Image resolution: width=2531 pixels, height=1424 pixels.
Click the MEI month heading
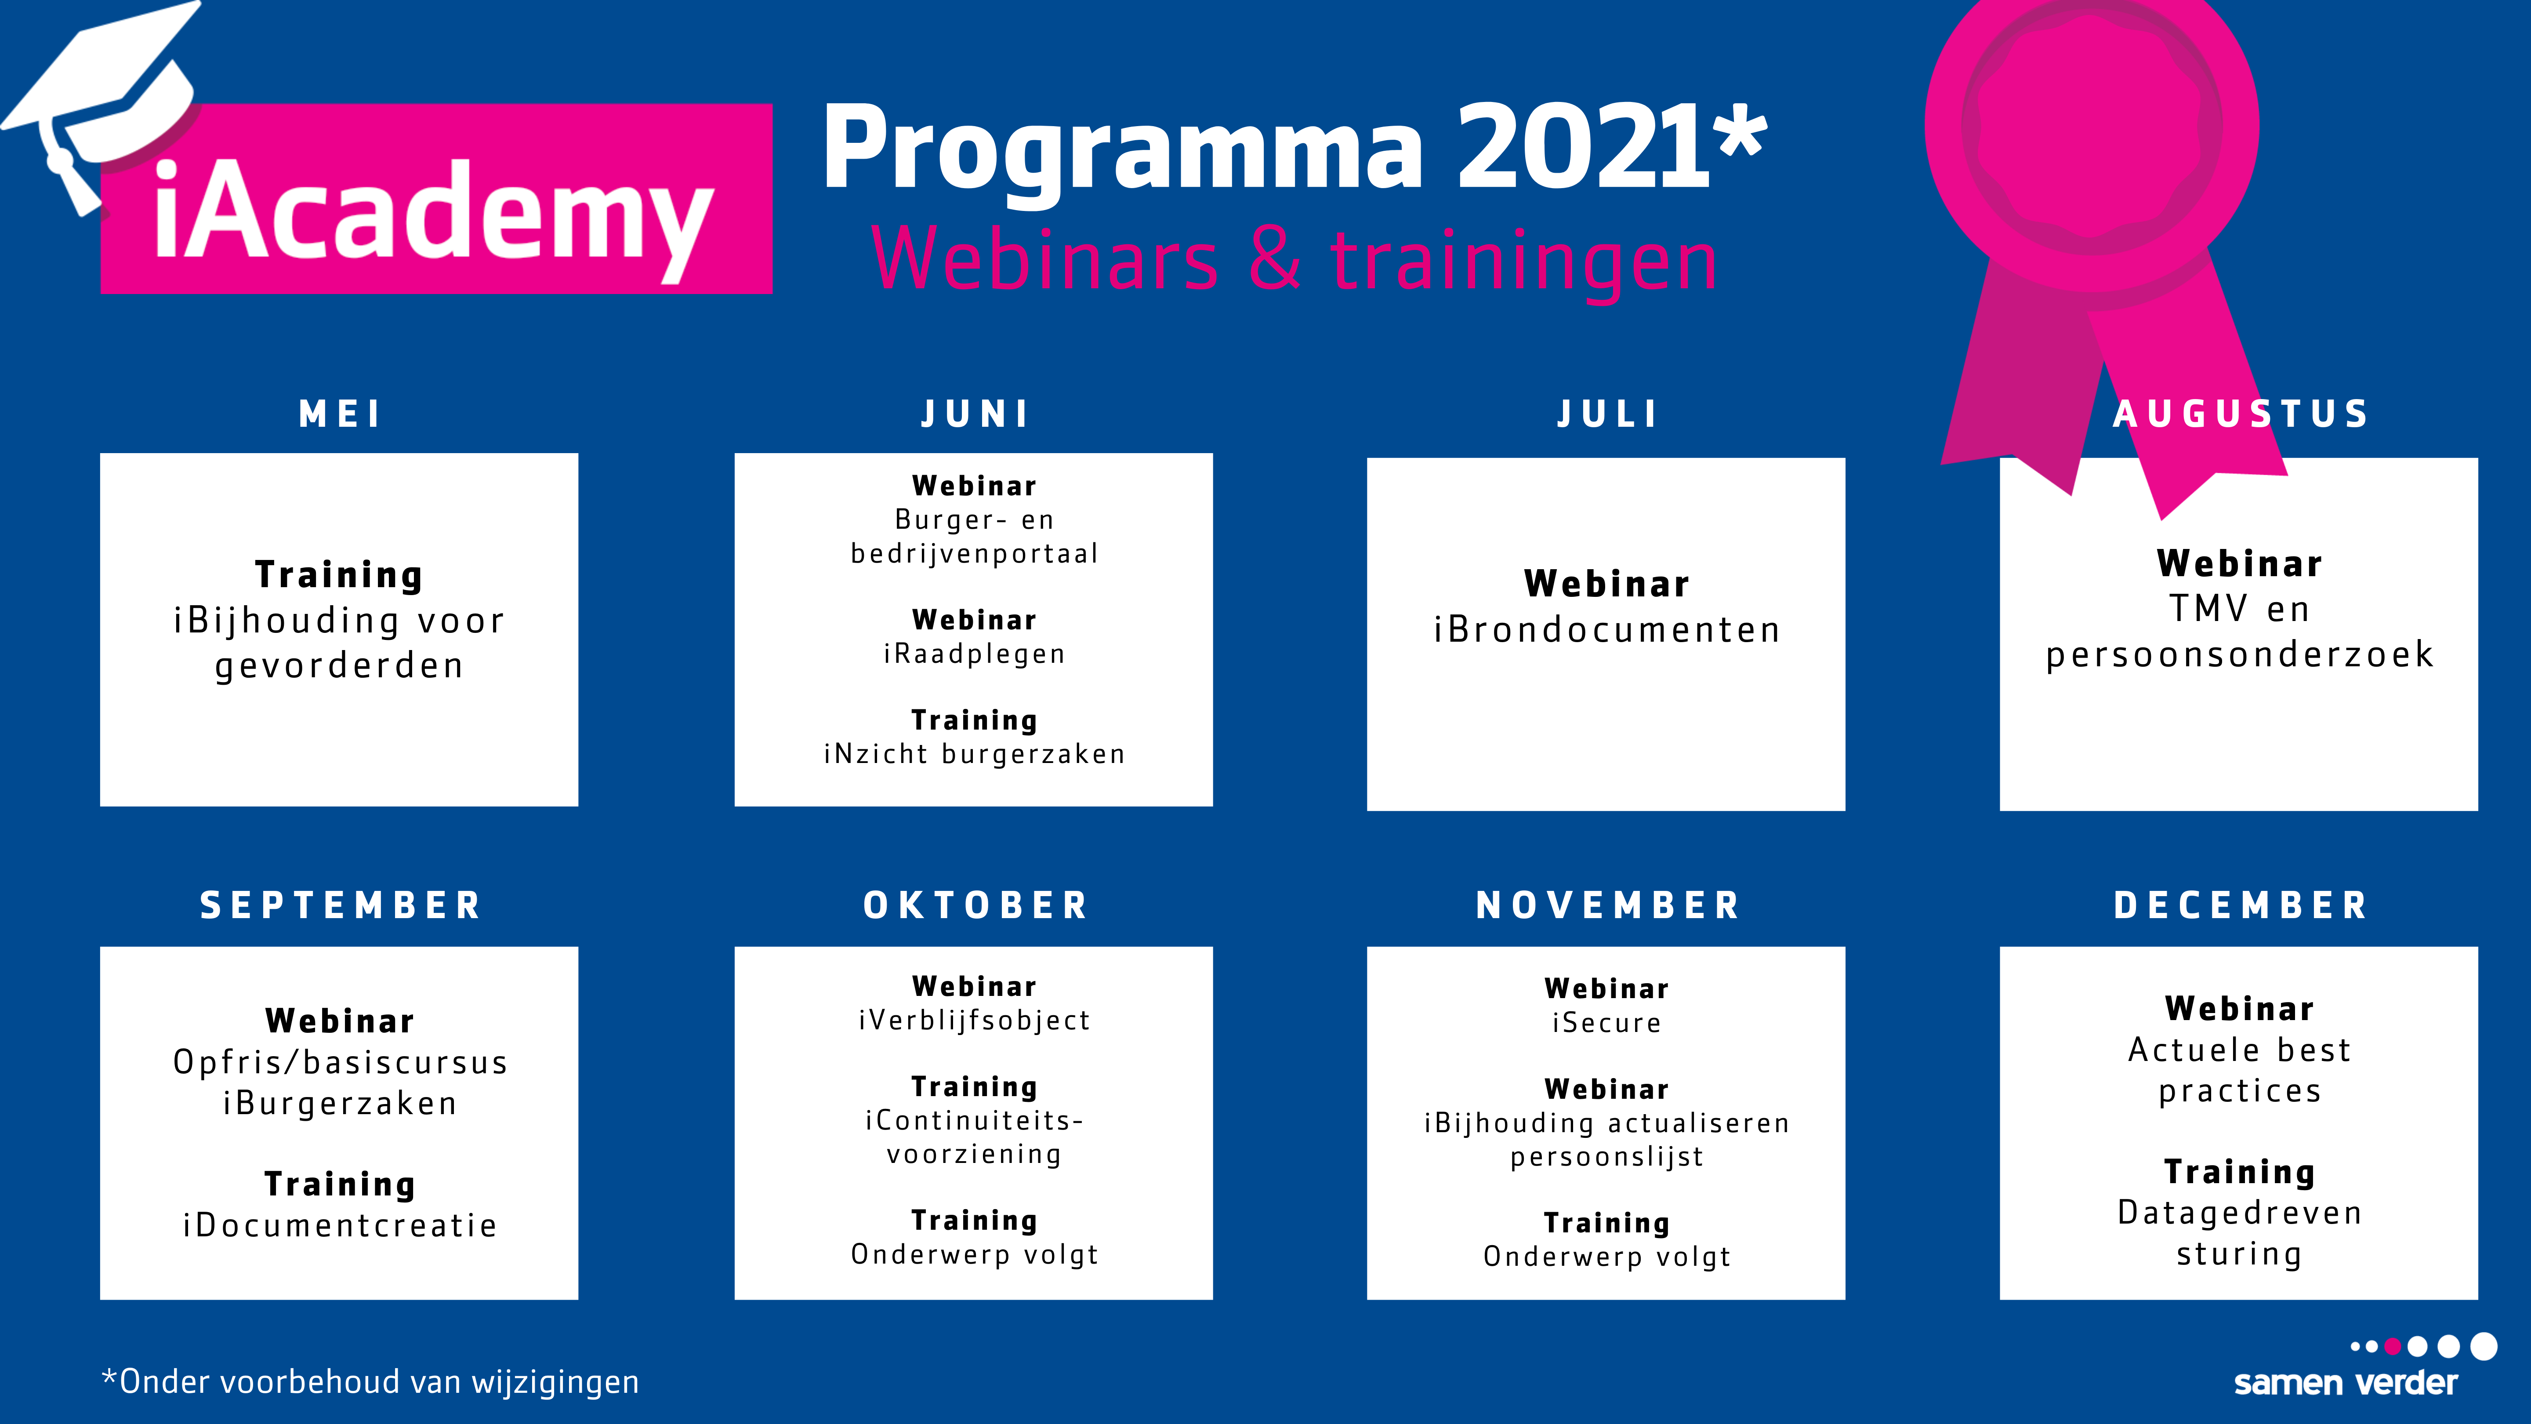[340, 414]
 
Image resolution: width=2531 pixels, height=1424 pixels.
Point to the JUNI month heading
[975, 414]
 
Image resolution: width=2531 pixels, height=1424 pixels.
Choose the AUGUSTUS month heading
[2241, 414]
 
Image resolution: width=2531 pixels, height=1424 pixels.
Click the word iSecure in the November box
[1606, 1023]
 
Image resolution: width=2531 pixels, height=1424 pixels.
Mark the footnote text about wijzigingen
[370, 1382]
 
